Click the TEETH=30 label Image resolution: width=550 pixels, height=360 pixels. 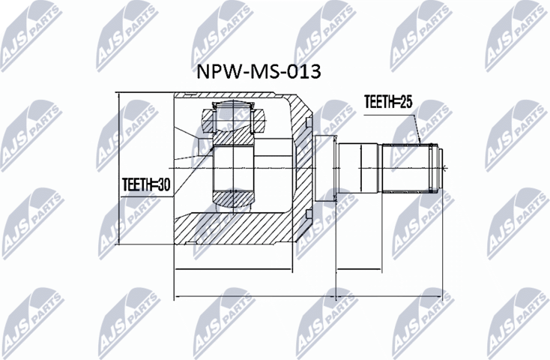[147, 183]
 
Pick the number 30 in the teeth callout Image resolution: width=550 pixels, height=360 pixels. [163, 183]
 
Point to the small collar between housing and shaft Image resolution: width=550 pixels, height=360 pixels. [321, 168]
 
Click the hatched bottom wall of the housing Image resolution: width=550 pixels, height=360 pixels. [232, 229]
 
